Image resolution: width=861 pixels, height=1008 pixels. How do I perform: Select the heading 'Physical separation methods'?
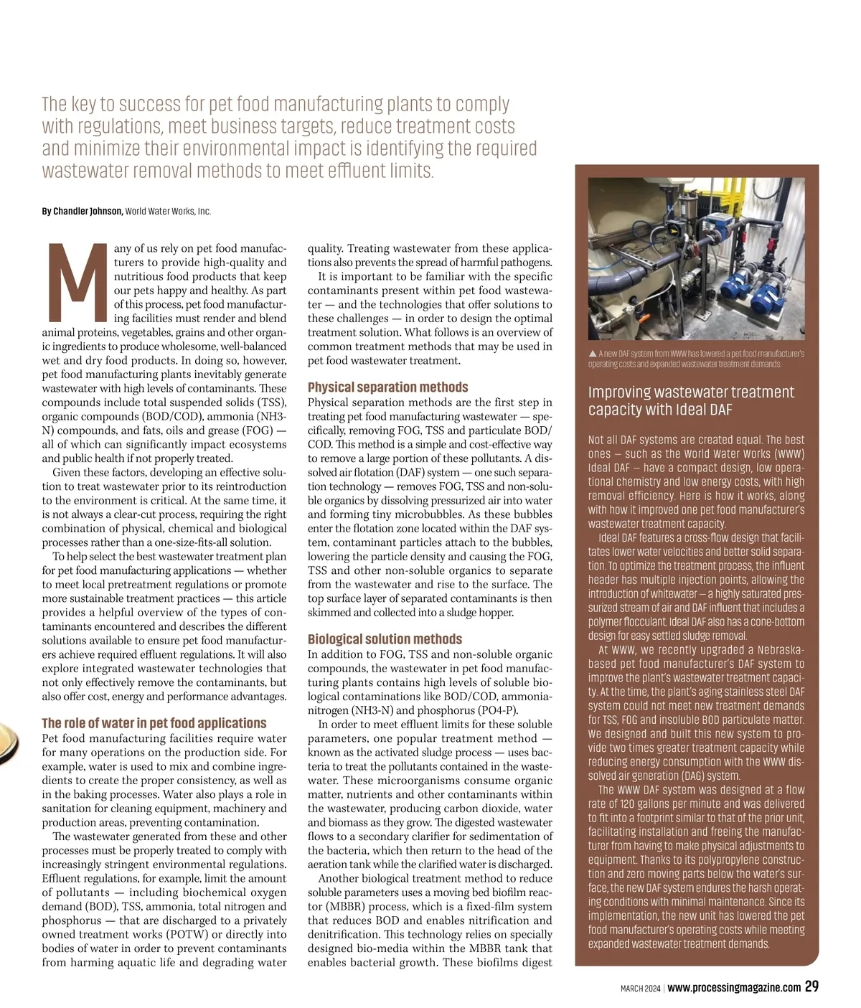click(x=387, y=387)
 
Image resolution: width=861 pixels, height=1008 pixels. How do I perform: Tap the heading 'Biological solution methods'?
click(x=385, y=639)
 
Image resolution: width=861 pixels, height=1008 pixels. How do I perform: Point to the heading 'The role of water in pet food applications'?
click(x=154, y=722)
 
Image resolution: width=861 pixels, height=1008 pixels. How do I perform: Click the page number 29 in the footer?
click(x=811, y=986)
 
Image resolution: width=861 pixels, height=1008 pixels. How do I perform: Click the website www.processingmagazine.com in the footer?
click(x=734, y=987)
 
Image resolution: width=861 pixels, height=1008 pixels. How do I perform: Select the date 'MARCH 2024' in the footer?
click(x=640, y=988)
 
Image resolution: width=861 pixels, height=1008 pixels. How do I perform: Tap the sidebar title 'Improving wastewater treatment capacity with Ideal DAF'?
click(x=691, y=400)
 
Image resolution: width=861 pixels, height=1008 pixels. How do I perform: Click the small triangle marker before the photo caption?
click(x=592, y=354)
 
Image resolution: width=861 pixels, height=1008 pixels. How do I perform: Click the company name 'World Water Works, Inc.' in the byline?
click(x=168, y=211)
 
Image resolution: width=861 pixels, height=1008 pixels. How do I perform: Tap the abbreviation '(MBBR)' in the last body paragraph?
click(x=328, y=906)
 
